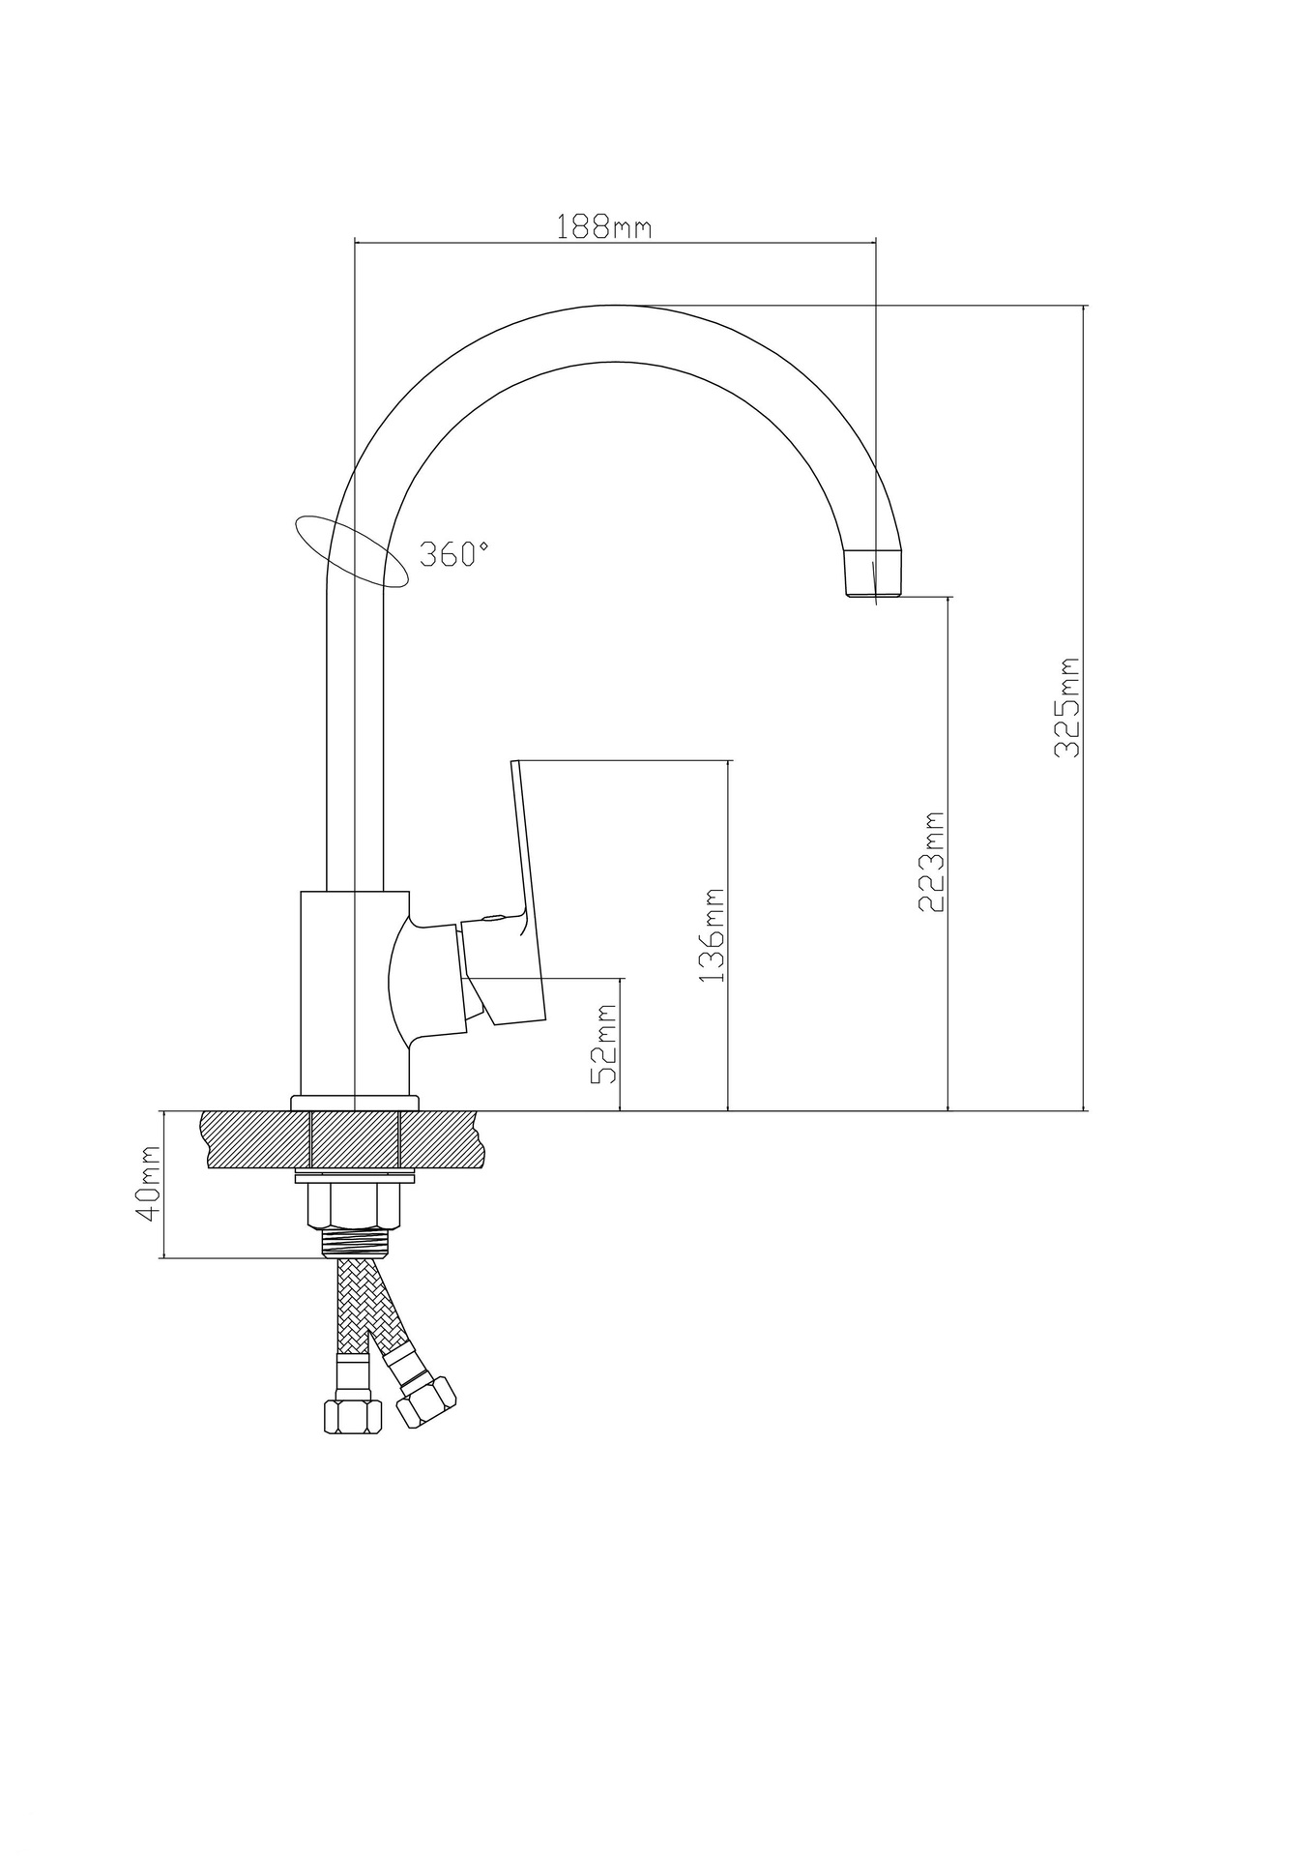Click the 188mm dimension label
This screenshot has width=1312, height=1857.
[604, 226]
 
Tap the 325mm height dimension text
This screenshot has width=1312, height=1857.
[1066, 707]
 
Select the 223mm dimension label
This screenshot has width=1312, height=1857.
[930, 862]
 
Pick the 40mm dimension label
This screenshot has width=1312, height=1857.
[149, 1186]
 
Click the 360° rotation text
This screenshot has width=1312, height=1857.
[454, 554]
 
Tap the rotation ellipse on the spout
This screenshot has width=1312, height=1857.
[351, 551]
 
